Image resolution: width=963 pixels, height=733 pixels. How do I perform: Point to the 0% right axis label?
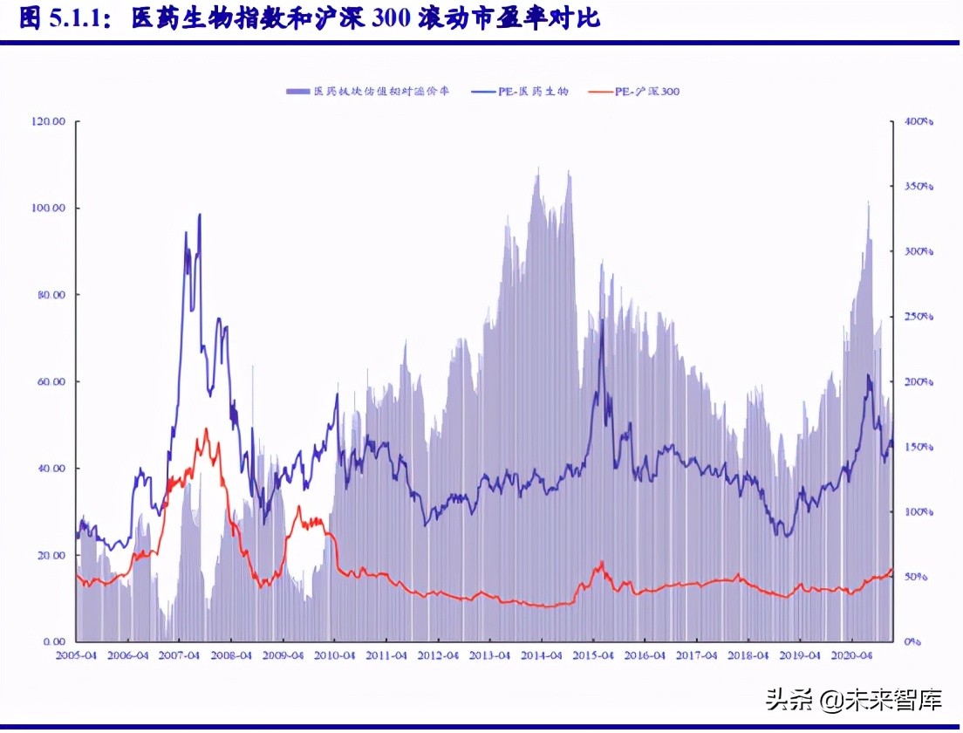(912, 642)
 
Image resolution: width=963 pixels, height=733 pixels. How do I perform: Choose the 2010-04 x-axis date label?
(334, 655)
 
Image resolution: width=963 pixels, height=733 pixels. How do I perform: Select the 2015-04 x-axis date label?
(592, 655)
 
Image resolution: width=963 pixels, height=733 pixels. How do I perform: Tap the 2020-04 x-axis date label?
(851, 655)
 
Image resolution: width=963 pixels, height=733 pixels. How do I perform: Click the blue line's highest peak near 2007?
(200, 215)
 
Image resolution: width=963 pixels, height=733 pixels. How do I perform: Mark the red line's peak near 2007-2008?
(207, 428)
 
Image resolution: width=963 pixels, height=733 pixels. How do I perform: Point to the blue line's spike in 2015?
(601, 332)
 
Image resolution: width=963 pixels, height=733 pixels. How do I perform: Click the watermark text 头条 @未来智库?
(854, 699)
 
